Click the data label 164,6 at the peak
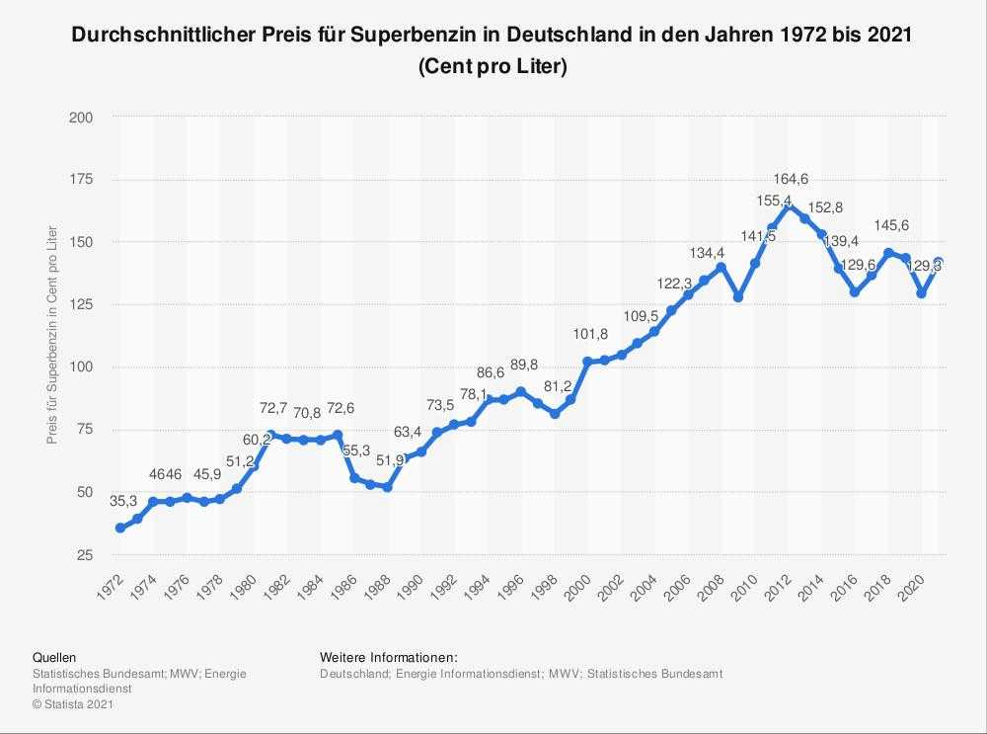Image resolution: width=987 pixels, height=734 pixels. (x=790, y=179)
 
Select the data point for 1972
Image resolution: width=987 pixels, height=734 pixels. (x=120, y=528)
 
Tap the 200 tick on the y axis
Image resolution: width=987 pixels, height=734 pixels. (x=81, y=118)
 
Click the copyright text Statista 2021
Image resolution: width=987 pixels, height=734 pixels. (x=68, y=703)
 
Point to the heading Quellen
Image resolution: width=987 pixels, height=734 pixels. (x=54, y=657)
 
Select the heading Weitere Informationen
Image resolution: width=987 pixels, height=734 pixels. (x=389, y=657)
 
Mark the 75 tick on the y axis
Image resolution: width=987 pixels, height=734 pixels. (x=85, y=430)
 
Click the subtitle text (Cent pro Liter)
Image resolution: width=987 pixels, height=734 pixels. (x=493, y=67)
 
